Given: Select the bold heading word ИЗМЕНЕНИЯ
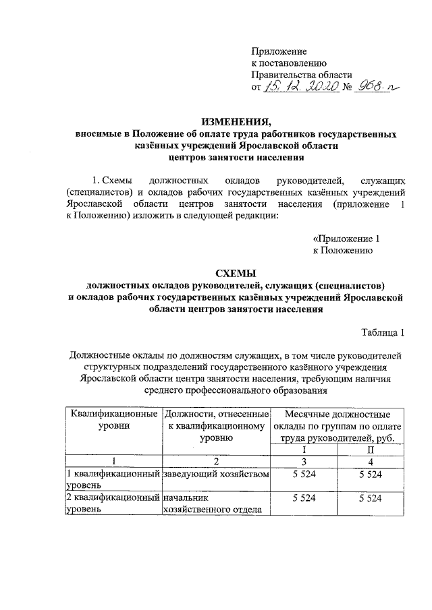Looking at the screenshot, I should click(236, 122).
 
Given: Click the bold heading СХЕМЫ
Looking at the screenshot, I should click(236, 273).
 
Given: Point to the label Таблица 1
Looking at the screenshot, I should click(383, 332).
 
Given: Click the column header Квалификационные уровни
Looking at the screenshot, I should click(113, 419).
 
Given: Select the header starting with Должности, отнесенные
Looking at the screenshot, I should click(217, 425).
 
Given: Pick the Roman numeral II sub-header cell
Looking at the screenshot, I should click(371, 449).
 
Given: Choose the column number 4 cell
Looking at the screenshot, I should click(371, 461).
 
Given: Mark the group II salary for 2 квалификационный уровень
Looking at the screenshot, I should click(371, 498).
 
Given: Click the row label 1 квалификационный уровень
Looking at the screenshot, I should click(113, 479).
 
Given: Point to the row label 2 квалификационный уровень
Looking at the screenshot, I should click(113, 504).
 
